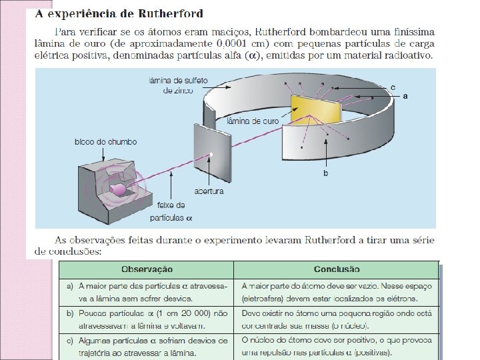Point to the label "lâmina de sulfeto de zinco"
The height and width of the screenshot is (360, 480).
[x=178, y=84]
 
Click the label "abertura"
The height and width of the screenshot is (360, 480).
[x=209, y=191]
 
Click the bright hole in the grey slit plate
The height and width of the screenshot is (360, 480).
[x=211, y=155]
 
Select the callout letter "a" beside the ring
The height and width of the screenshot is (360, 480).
[x=405, y=96]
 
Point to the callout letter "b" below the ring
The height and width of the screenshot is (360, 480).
[x=325, y=173]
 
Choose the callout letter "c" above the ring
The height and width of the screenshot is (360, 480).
[x=393, y=87]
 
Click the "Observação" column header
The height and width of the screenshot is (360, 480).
[x=147, y=269]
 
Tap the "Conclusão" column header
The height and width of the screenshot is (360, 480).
[x=337, y=269]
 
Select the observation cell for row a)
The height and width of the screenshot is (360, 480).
[x=147, y=292]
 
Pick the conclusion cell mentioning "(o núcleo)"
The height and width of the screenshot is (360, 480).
[x=337, y=319]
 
